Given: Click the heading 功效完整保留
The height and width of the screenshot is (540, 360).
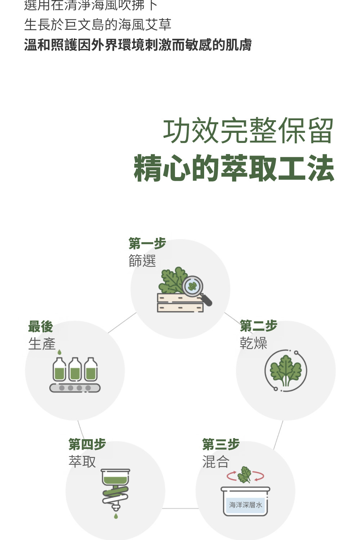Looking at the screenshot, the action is click(248, 131).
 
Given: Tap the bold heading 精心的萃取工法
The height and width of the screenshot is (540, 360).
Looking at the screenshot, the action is click(234, 168).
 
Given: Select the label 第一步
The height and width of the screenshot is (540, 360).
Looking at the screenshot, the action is click(147, 244).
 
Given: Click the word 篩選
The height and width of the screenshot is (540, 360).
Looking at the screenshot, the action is click(142, 261).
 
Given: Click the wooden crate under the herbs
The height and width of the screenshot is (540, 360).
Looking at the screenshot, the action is click(180, 303).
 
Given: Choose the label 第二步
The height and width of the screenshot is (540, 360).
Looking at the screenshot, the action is click(258, 326).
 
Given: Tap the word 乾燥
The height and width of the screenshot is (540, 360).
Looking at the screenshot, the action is click(253, 343).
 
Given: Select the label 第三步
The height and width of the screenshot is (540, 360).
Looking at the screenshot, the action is click(221, 445).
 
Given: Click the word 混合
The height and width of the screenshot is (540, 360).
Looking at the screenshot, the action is click(216, 462).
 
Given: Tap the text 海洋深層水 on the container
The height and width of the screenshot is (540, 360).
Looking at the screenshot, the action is click(246, 505).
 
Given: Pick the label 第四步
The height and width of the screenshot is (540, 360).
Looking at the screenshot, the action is click(87, 445).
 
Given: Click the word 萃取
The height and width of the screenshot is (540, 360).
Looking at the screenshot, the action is click(82, 462).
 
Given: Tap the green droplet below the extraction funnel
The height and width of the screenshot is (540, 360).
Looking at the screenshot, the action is click(116, 516).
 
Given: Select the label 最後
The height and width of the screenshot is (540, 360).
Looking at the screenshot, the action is click(41, 327).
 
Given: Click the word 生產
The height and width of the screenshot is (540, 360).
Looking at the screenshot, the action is click(42, 344).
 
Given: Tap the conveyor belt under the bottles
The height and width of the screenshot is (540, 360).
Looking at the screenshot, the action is click(75, 388).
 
